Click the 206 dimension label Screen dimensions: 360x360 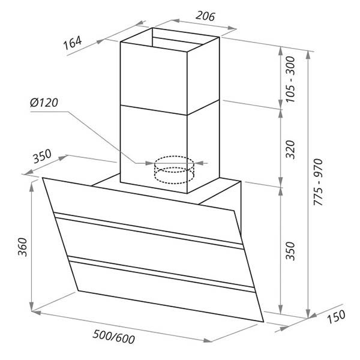pos(205,16)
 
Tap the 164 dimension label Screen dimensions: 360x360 pos(73,43)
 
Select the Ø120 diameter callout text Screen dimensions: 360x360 pos(44,103)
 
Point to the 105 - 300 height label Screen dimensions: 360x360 pos(290,79)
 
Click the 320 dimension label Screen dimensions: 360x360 pos(290,149)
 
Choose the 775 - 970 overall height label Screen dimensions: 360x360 pos(319,182)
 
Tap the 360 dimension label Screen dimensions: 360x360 pos(23,247)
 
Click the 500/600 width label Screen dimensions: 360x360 pos(114,337)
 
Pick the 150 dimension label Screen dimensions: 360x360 pos(336,317)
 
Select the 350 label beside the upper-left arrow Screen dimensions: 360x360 pos(41,156)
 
